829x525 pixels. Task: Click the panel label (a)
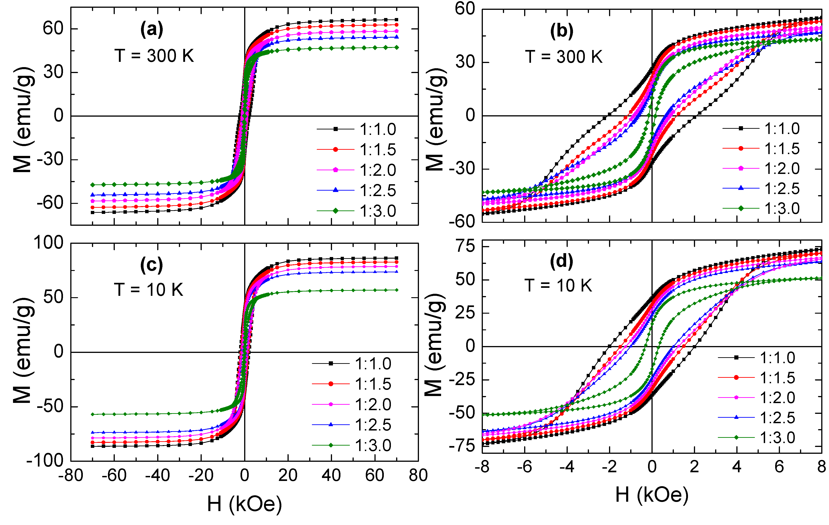pyautogui.click(x=152, y=30)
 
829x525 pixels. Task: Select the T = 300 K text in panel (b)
pyautogui.click(x=564, y=57)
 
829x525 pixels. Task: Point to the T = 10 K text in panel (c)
pyautogui.click(x=149, y=290)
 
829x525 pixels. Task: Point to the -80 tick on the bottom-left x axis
pyautogui.click(x=71, y=476)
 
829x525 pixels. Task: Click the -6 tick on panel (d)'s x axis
pyautogui.click(x=524, y=467)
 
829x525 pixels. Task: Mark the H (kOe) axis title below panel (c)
pyautogui.click(x=244, y=504)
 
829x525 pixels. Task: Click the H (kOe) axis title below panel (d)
pyautogui.click(x=652, y=495)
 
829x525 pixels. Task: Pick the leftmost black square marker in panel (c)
pyautogui.click(x=92, y=446)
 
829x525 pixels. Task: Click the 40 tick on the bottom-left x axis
pyautogui.click(x=331, y=476)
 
